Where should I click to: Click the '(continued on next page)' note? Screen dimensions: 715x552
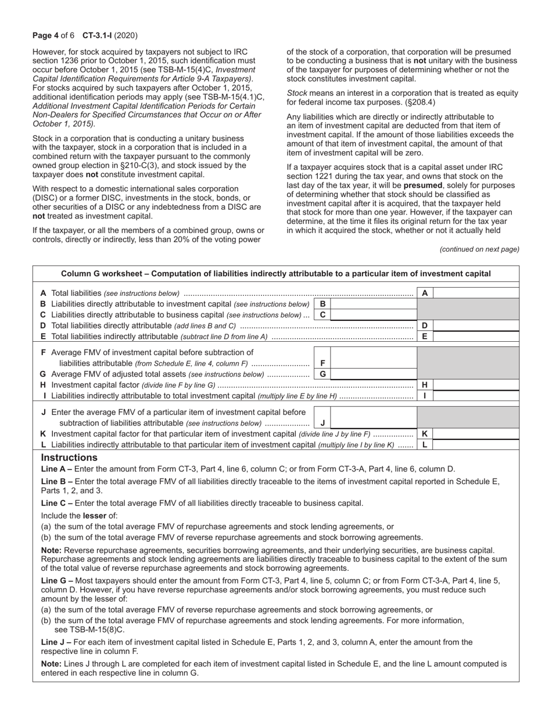tap(479, 249)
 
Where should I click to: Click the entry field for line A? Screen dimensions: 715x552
tap(476, 294)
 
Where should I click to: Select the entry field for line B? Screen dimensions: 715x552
tap(374, 304)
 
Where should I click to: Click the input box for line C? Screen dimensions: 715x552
tap(374, 314)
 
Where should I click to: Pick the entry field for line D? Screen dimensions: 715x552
tap(476, 326)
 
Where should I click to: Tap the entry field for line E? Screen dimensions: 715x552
tap(476, 336)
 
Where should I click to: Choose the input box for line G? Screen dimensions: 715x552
tap(374, 374)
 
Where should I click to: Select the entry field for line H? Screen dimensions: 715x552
tap(476, 385)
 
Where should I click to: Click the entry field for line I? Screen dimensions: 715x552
tap(476, 396)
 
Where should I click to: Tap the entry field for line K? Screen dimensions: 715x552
tap(476, 434)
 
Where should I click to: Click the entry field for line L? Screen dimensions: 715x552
tap(476, 445)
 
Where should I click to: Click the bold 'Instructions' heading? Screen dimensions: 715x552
tap(69, 457)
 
